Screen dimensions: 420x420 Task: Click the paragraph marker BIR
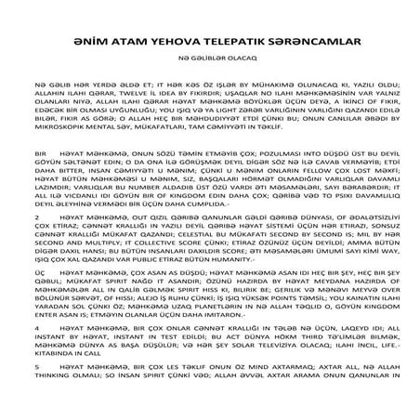(x=40, y=176)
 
